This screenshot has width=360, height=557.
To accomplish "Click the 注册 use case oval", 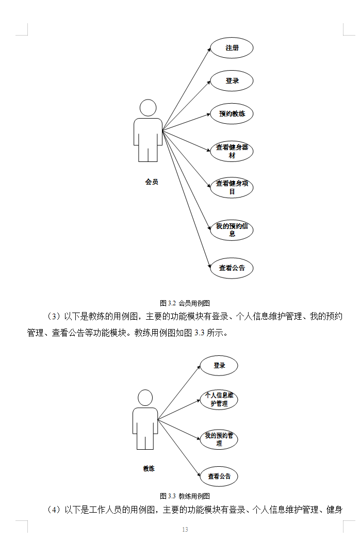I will point(232,48).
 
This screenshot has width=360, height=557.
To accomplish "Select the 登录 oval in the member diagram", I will point(232,81).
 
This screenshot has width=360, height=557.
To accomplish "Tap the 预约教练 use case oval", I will point(232,113).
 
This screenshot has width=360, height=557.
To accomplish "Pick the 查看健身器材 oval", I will point(232,151).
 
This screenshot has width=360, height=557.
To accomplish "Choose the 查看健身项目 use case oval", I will point(232,187).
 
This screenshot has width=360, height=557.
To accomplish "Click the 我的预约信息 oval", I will point(232,230).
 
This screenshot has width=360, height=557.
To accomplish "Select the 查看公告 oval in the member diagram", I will point(232,268).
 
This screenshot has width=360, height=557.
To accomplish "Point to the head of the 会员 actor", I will point(148,108).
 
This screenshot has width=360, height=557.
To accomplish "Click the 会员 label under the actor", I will point(152,182).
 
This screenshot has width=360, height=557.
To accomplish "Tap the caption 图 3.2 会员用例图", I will point(185,303).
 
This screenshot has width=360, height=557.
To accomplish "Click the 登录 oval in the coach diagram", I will point(219,366).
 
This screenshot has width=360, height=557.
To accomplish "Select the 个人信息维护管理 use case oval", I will point(219,400).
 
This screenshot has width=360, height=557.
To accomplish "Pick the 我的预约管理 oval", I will point(219,439).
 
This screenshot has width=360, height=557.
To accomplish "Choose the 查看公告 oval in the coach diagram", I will point(219,476).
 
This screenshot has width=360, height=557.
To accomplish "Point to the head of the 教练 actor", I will point(145,398).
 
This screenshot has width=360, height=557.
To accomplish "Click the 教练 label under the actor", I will point(149,469).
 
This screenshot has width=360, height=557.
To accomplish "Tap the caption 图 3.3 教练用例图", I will point(185,496).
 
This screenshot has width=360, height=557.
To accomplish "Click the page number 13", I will point(185,530).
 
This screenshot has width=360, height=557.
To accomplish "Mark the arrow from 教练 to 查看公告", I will point(179,447).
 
